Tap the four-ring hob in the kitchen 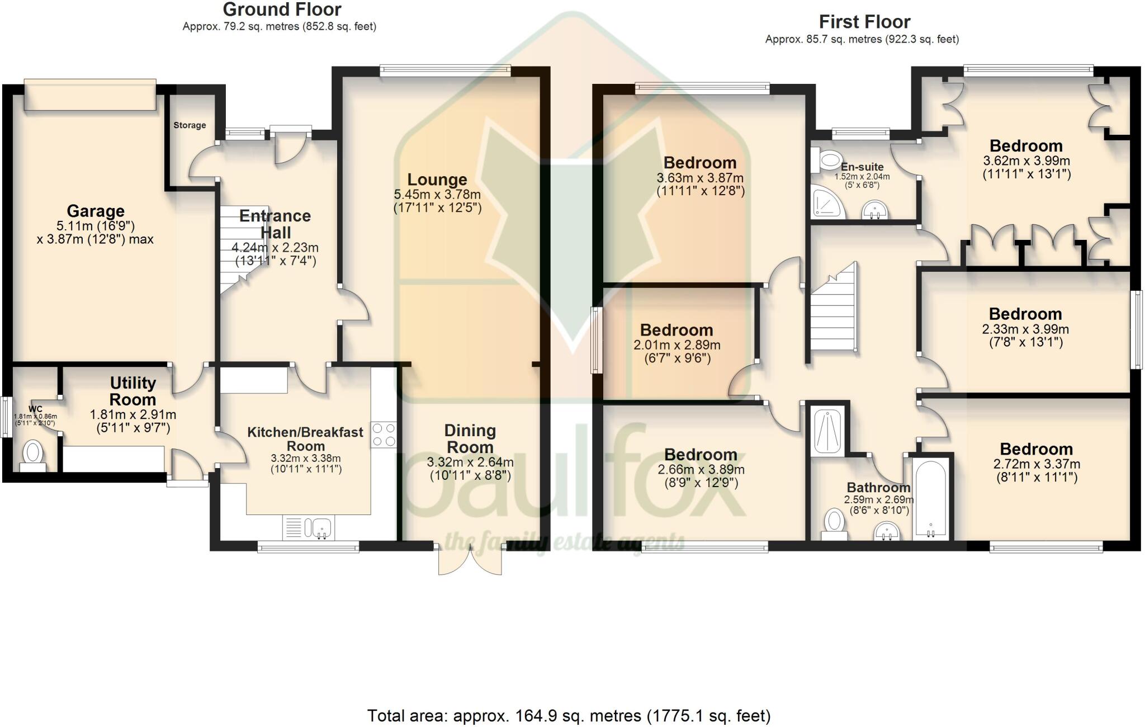point(384,435)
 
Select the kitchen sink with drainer point(309,527)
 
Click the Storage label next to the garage point(190,125)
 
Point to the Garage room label point(96,211)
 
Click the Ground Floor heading point(282,10)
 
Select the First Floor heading point(864,22)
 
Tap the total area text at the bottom point(569,715)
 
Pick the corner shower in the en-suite point(827,202)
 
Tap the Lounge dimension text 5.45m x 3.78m point(437,195)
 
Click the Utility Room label point(133,391)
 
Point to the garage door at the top point(90,95)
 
